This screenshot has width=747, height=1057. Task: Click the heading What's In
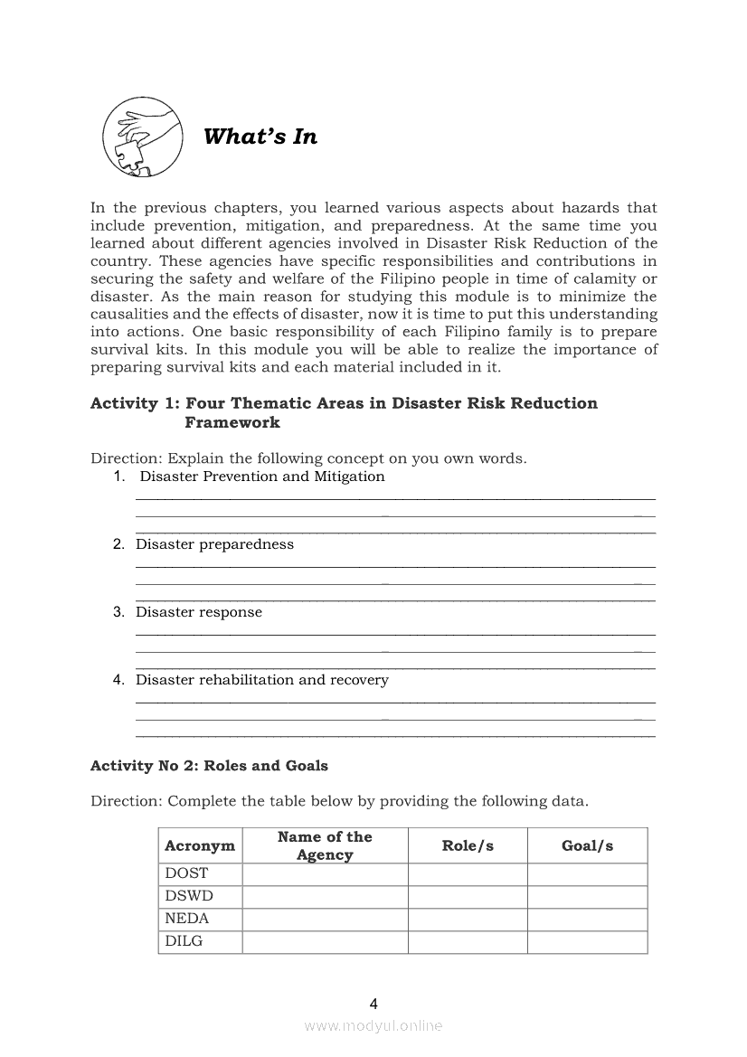pyautogui.click(x=260, y=137)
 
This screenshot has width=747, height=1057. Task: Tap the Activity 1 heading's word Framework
pyautogui.click(x=232, y=422)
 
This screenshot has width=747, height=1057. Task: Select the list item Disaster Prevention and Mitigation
pyautogui.click(x=261, y=477)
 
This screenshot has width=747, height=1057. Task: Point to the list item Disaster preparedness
pyautogui.click(x=214, y=544)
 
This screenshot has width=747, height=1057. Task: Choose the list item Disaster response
pyautogui.click(x=199, y=612)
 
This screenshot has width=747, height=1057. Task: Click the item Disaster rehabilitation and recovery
pyautogui.click(x=262, y=680)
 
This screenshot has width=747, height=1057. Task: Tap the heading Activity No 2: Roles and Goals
pyautogui.click(x=209, y=766)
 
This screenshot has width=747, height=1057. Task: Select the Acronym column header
pyautogui.click(x=200, y=846)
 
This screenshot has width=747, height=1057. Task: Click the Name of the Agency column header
pyautogui.click(x=325, y=846)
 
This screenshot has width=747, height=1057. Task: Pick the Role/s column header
pyautogui.click(x=468, y=846)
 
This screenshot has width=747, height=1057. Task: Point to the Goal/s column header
pyautogui.click(x=587, y=846)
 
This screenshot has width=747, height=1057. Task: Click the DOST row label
pyautogui.click(x=186, y=873)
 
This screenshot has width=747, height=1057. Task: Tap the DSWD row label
pyautogui.click(x=189, y=896)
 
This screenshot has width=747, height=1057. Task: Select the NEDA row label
pyautogui.click(x=187, y=919)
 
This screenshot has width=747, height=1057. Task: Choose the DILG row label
pyautogui.click(x=184, y=941)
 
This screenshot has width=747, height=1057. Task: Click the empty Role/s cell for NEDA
pyautogui.click(x=468, y=919)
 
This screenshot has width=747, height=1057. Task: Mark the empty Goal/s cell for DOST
pyautogui.click(x=587, y=873)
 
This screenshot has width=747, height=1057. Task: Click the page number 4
pyautogui.click(x=373, y=1004)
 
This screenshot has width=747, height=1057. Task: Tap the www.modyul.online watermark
pyautogui.click(x=373, y=1026)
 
